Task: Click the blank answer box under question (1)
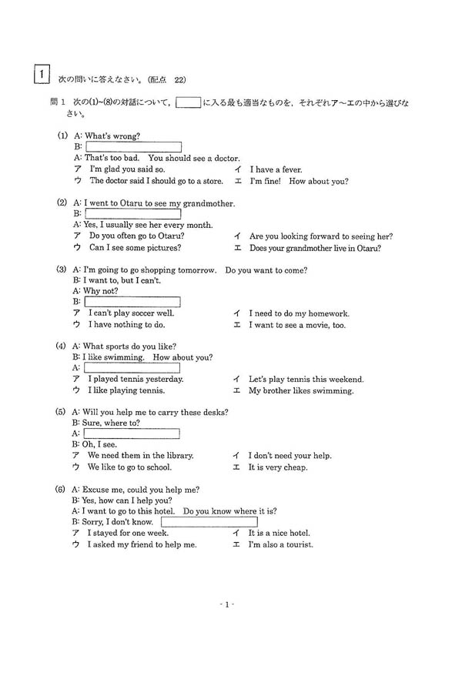click(x=133, y=147)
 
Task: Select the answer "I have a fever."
click(x=276, y=169)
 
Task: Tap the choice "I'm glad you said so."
click(x=127, y=169)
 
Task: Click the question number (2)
click(x=62, y=203)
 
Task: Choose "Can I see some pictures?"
click(x=135, y=248)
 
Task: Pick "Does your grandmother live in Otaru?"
click(x=315, y=248)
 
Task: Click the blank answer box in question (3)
click(x=132, y=302)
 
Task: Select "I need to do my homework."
click(x=299, y=313)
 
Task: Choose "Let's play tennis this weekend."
click(x=306, y=379)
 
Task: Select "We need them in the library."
click(x=140, y=456)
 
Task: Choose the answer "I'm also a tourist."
click(x=280, y=544)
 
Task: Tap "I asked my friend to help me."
click(x=142, y=544)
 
